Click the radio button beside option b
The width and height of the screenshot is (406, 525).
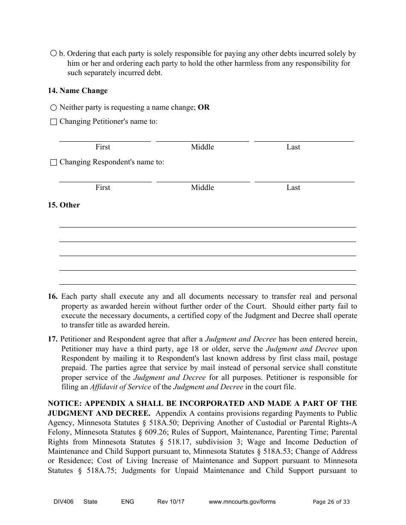53,54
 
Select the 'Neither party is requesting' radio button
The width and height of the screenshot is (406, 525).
53,108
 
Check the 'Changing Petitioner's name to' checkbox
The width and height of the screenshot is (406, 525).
53,122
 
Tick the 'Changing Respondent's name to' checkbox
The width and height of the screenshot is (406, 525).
53,163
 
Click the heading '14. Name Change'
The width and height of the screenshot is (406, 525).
77,90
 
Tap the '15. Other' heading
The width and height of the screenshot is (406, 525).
64,205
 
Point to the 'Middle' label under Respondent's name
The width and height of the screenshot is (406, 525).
202,187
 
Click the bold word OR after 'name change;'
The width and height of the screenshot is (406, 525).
204,108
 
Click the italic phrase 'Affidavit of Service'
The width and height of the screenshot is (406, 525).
120,387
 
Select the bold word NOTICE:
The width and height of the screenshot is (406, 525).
65,403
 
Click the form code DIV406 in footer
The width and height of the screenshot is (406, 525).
58,502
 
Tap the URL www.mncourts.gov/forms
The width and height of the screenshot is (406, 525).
242,502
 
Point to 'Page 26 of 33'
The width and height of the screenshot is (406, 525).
331,502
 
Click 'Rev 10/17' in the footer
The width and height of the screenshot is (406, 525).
171,502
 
